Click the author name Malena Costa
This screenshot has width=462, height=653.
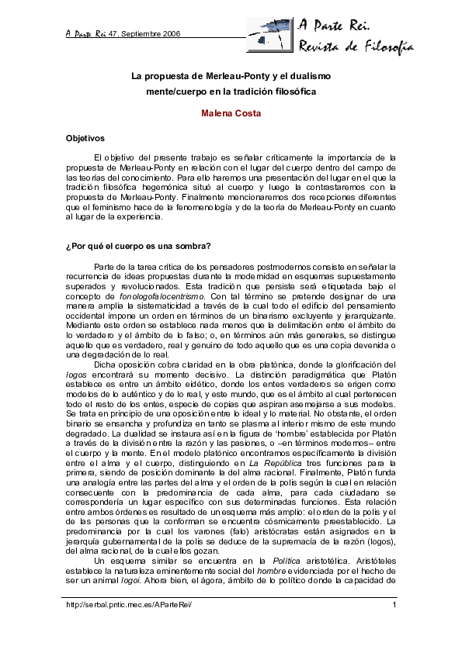[231, 114]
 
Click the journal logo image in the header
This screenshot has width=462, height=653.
[270, 36]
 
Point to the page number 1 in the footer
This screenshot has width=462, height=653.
[395, 605]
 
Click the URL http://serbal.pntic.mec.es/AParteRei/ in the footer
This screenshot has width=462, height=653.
[128, 605]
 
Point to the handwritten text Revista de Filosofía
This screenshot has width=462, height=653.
[356, 48]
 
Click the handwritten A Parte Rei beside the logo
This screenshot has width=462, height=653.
[335, 24]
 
